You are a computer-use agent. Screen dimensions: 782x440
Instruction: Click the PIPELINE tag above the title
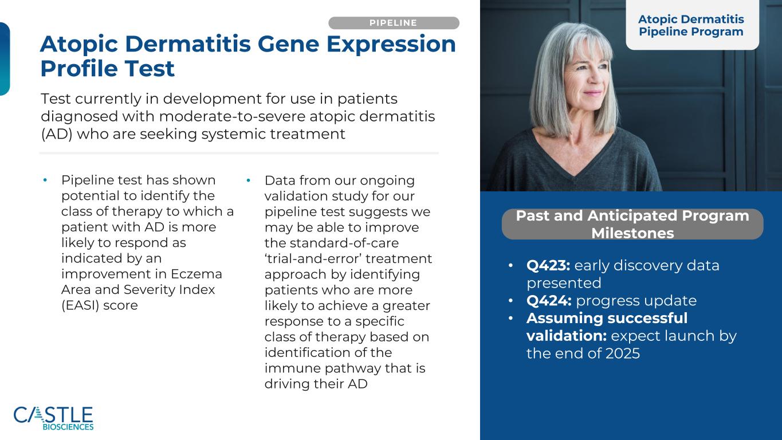click(x=394, y=23)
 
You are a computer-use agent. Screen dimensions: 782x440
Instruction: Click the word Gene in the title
click(x=288, y=44)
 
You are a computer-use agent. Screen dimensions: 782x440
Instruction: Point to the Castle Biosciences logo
click(x=53, y=418)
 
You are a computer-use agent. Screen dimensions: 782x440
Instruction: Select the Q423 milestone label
click(x=548, y=265)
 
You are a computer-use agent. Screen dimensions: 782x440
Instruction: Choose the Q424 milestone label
click(x=549, y=301)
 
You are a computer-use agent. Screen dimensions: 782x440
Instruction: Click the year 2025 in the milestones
click(x=623, y=353)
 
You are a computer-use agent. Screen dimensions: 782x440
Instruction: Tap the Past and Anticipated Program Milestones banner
click(x=632, y=224)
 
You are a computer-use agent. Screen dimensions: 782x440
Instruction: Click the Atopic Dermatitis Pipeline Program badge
click(x=692, y=25)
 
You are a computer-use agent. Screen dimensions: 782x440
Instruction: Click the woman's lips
click(x=592, y=93)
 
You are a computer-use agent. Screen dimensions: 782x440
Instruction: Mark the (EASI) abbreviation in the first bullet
click(x=80, y=305)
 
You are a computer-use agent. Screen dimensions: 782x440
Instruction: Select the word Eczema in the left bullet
click(x=197, y=274)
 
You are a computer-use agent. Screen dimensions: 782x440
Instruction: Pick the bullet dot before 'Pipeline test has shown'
click(x=45, y=180)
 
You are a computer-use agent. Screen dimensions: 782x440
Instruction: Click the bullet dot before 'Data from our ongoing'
click(x=248, y=180)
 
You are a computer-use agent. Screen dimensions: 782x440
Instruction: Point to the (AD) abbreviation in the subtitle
click(x=57, y=134)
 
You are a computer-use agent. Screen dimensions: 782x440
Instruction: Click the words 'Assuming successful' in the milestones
click(x=607, y=318)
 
